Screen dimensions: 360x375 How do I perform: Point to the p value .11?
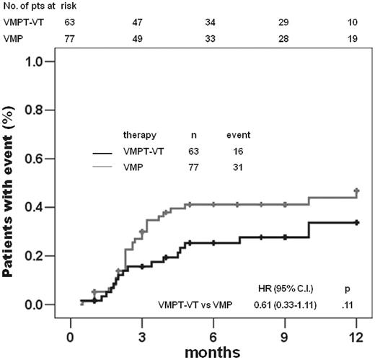point(349,305)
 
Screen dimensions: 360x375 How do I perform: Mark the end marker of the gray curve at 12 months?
point(356,191)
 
